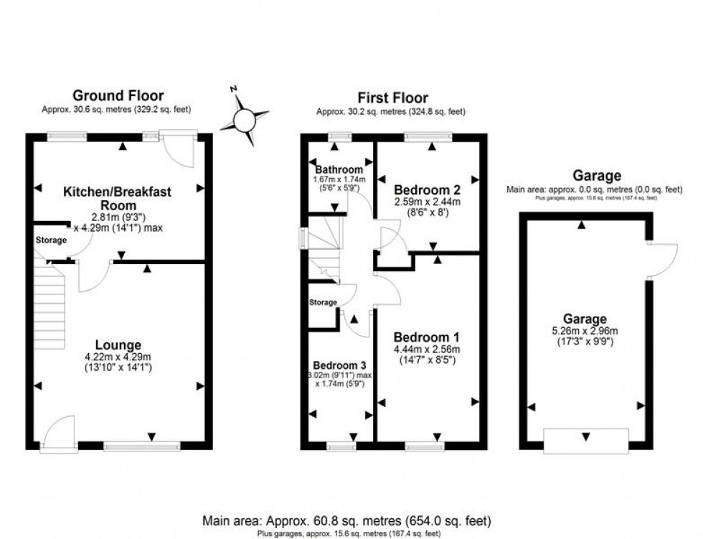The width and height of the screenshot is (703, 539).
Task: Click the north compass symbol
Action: pyautogui.click(x=244, y=117)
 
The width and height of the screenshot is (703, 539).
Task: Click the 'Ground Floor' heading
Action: pyautogui.click(x=118, y=95)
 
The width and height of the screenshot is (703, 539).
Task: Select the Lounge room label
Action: pyautogui.click(x=119, y=345)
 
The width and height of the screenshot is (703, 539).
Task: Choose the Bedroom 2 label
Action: pyautogui.click(x=427, y=190)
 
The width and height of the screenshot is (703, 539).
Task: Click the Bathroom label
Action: pyautogui.click(x=336, y=169)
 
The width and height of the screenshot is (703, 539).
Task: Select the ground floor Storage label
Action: pyautogui.click(x=50, y=240)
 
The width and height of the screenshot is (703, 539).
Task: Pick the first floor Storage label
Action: pyautogui.click(x=323, y=302)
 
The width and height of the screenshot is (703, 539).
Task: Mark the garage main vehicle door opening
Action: pyautogui.click(x=587, y=439)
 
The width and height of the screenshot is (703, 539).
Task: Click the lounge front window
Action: pyautogui.click(x=141, y=446)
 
